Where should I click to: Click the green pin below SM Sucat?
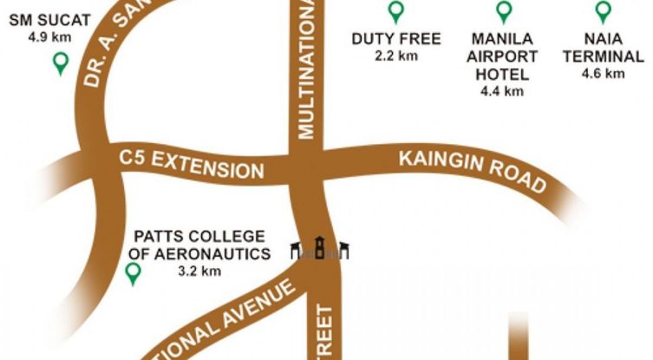[61, 62]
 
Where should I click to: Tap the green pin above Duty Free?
[395, 11]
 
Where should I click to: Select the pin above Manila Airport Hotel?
[502, 11]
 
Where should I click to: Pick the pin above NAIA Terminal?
[604, 11]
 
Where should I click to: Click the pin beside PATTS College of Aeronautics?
[133, 274]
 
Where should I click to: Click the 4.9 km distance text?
[49, 38]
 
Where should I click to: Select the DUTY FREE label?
[396, 39]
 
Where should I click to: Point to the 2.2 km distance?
[396, 56]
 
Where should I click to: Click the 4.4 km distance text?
[502, 90]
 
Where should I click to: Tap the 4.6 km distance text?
[604, 74]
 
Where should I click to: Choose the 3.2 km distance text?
[199, 271]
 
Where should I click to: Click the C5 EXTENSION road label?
[191, 162]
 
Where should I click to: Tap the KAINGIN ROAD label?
[473, 170]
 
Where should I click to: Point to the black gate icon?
[319, 249]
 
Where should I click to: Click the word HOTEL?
[502, 74]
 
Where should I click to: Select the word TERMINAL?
[604, 56]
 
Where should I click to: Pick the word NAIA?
[604, 39]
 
